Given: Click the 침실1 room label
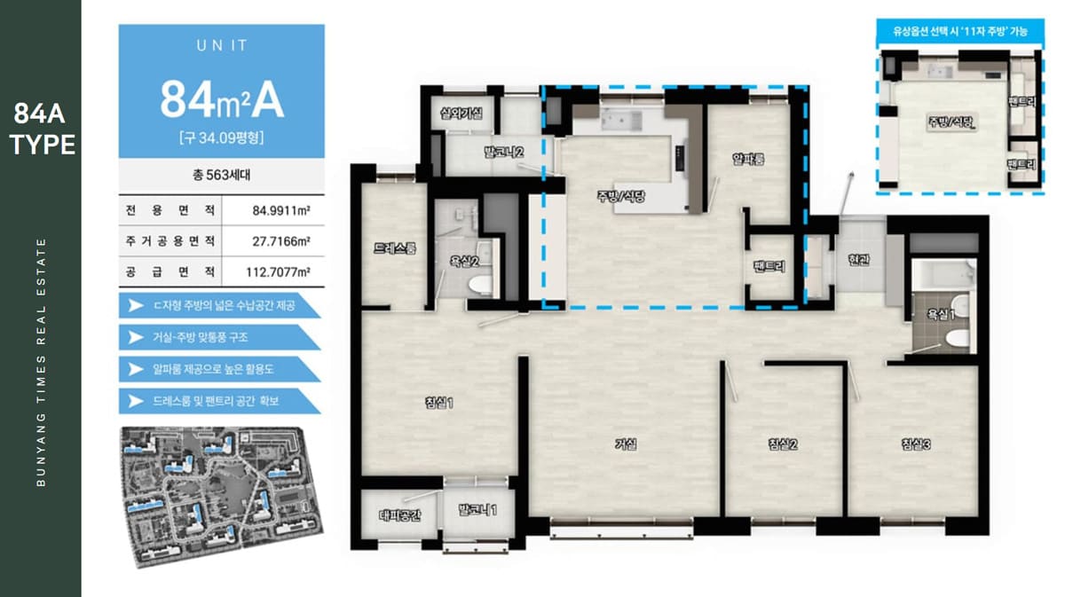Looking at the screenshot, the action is pyautogui.click(x=438, y=403).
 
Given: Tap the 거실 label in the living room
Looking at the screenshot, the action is pyautogui.click(x=626, y=444).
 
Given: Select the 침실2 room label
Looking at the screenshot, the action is pyautogui.click(x=783, y=444).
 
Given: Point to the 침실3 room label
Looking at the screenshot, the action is pyautogui.click(x=916, y=444).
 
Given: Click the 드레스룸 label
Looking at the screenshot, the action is pyautogui.click(x=395, y=248).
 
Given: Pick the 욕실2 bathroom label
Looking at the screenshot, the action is pyautogui.click(x=464, y=261).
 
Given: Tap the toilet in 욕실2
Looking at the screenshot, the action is pyautogui.click(x=480, y=285).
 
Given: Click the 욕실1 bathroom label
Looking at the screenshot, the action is pyautogui.click(x=941, y=314).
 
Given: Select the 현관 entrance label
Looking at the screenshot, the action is pyautogui.click(x=859, y=260).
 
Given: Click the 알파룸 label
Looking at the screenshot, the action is pyautogui.click(x=748, y=160).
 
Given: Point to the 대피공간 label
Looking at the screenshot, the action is pyautogui.click(x=400, y=515).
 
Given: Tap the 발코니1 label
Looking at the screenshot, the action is pyautogui.click(x=477, y=510).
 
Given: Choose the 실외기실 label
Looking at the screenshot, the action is pyautogui.click(x=461, y=114).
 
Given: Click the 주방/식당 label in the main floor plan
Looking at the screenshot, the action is pyautogui.click(x=621, y=196).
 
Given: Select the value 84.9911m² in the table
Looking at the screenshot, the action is pyautogui.click(x=281, y=210).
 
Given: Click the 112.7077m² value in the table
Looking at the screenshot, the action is pyautogui.click(x=278, y=272).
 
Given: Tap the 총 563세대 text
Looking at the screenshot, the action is pyautogui.click(x=222, y=175).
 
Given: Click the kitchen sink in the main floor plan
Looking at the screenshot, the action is pyautogui.click(x=621, y=121).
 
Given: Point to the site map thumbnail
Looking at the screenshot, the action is pyautogui.click(x=222, y=496).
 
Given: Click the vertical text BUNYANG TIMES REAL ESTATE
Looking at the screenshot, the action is pyautogui.click(x=41, y=362).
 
